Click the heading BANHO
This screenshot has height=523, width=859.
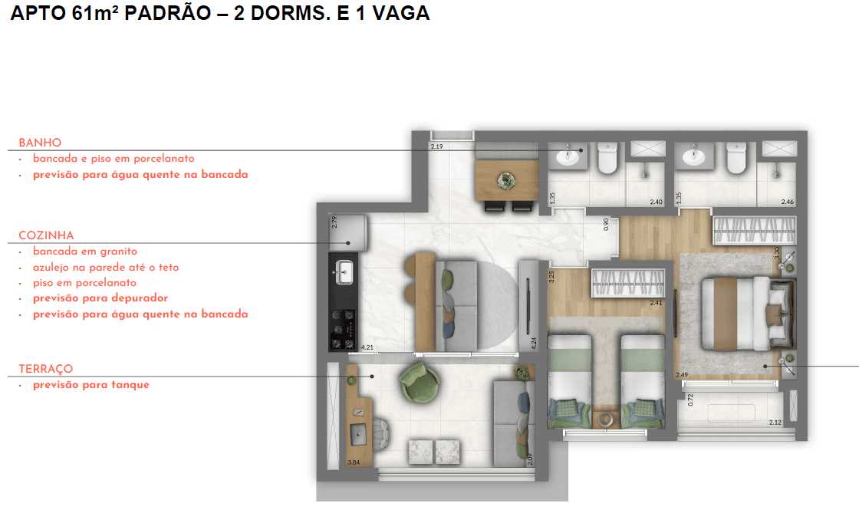pyautogui.click(x=40, y=143)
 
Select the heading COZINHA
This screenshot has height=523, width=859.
pyautogui.click(x=46, y=235)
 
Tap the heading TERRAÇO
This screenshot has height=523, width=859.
pyautogui.click(x=46, y=369)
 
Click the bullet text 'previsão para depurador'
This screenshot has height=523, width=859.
pyautogui.click(x=100, y=298)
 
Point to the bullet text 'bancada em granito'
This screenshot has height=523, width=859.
pyautogui.click(x=84, y=252)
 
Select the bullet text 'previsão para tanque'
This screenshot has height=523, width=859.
pyautogui.click(x=91, y=385)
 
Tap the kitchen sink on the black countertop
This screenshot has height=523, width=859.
pyautogui.click(x=344, y=271)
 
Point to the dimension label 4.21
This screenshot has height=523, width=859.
pyautogui.click(x=367, y=347)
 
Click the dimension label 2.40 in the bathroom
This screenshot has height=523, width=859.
pyautogui.click(x=655, y=202)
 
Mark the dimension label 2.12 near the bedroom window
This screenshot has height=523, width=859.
pyautogui.click(x=775, y=423)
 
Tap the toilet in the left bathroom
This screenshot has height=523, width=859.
pyautogui.click(x=607, y=158)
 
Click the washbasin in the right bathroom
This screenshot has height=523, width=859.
pyautogui.click(x=694, y=157)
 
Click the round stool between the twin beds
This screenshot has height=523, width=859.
pyautogui.click(x=606, y=420)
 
